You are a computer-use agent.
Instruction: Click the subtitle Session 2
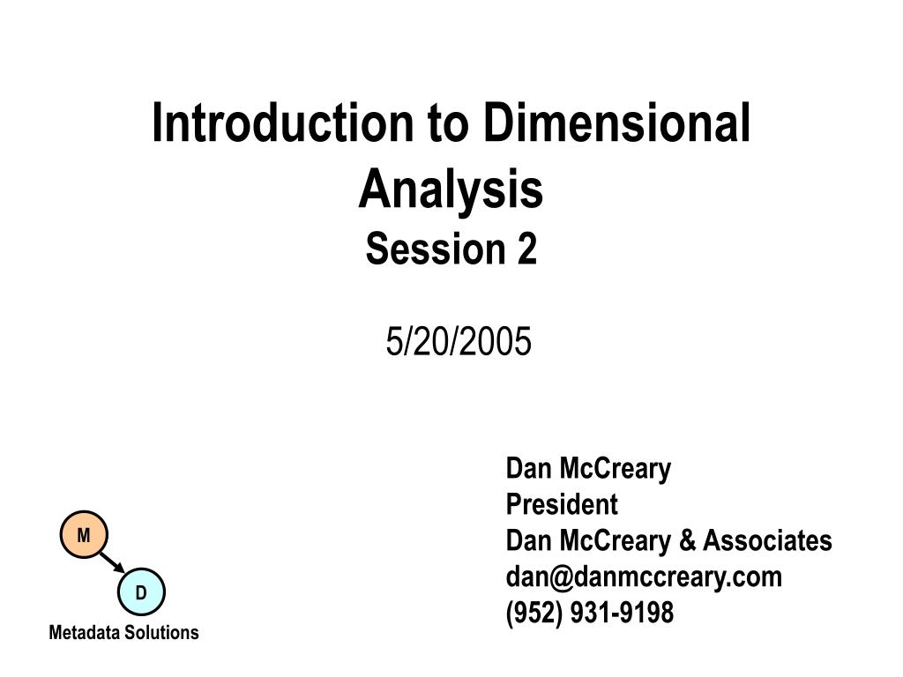[x=451, y=249]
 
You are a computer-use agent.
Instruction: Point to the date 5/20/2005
[x=459, y=342]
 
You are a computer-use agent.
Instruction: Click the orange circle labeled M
[x=84, y=535]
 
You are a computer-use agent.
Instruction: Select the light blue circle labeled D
[x=141, y=592]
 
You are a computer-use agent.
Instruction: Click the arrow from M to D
[x=112, y=563]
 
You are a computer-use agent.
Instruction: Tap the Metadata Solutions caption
[x=123, y=633]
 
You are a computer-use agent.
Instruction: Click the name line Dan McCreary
[x=588, y=469]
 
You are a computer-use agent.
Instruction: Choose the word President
[x=562, y=505]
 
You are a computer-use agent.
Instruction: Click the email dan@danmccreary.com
[x=644, y=577]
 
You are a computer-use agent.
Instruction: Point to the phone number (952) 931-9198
[x=590, y=612]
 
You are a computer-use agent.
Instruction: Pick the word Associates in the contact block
[x=766, y=540]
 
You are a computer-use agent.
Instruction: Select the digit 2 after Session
[x=526, y=249]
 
